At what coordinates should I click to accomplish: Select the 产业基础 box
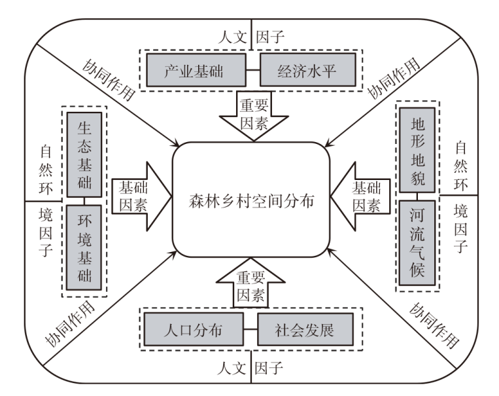click(194, 70)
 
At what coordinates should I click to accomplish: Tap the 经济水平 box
click(307, 70)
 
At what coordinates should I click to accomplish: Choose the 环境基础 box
click(84, 247)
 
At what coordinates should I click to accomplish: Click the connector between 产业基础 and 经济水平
click(250, 70)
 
